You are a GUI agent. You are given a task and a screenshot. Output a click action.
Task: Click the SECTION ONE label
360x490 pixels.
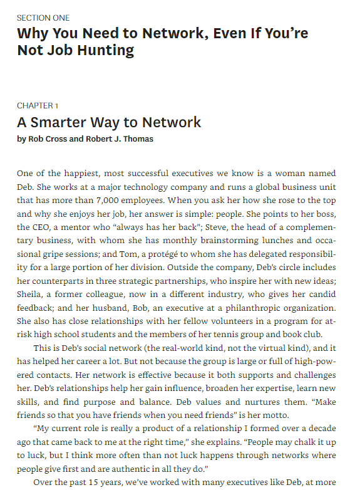pos(43,18)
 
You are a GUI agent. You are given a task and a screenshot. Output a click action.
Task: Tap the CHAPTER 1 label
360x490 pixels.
pos(38,105)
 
